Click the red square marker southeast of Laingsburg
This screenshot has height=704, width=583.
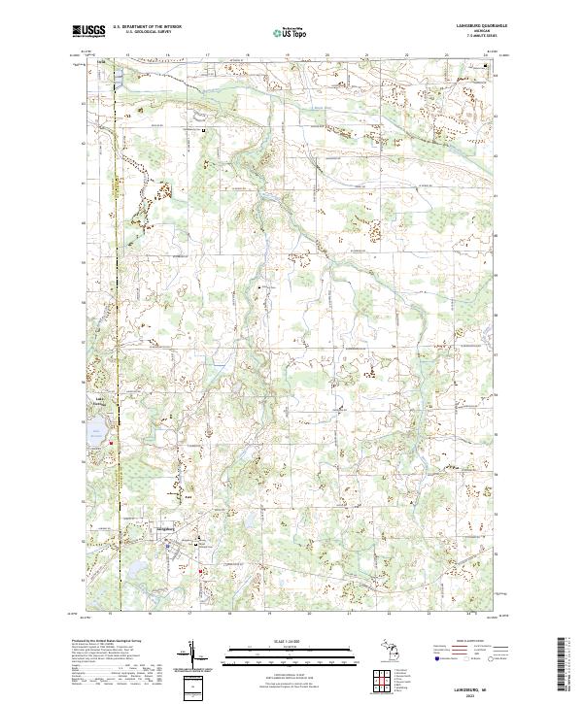coord(202,571)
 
